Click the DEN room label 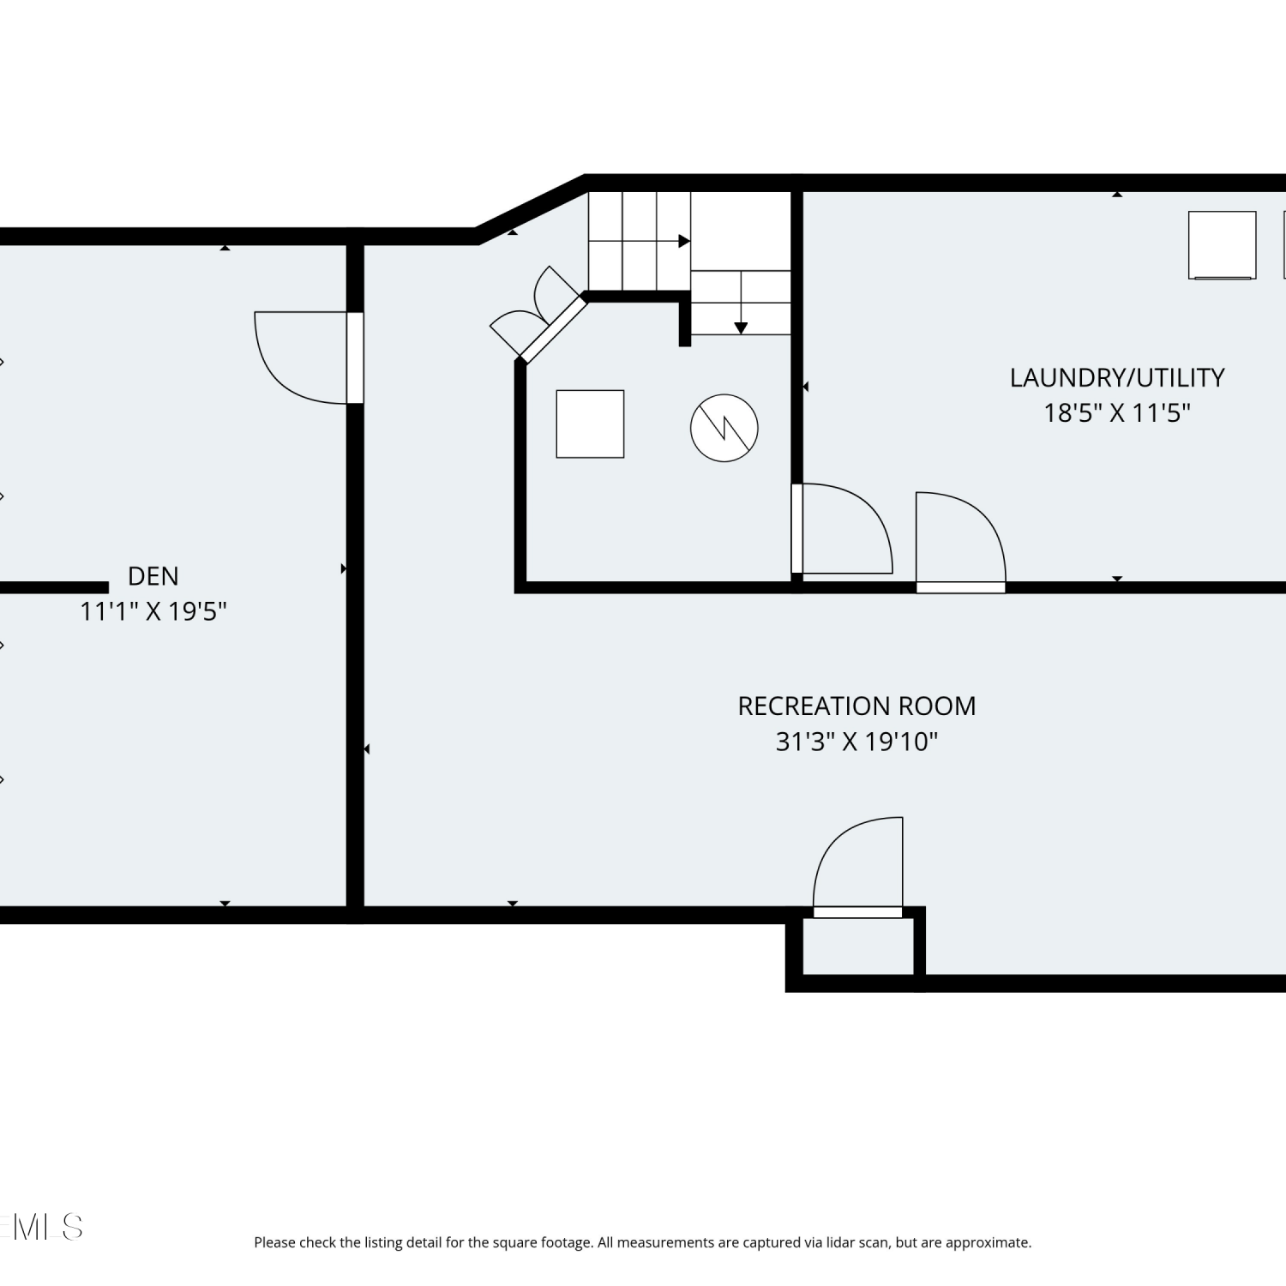click(x=153, y=576)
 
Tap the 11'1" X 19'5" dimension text click(x=153, y=611)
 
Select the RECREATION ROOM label click(x=856, y=706)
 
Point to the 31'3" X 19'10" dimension click(x=856, y=742)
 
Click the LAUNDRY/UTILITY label click(x=1117, y=378)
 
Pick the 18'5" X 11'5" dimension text click(x=1117, y=413)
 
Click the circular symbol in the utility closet click(x=724, y=428)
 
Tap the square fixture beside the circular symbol click(x=590, y=424)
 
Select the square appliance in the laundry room click(x=1223, y=245)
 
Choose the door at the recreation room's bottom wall click(x=858, y=867)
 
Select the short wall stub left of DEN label click(x=54, y=587)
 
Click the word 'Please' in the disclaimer click(x=274, y=1242)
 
